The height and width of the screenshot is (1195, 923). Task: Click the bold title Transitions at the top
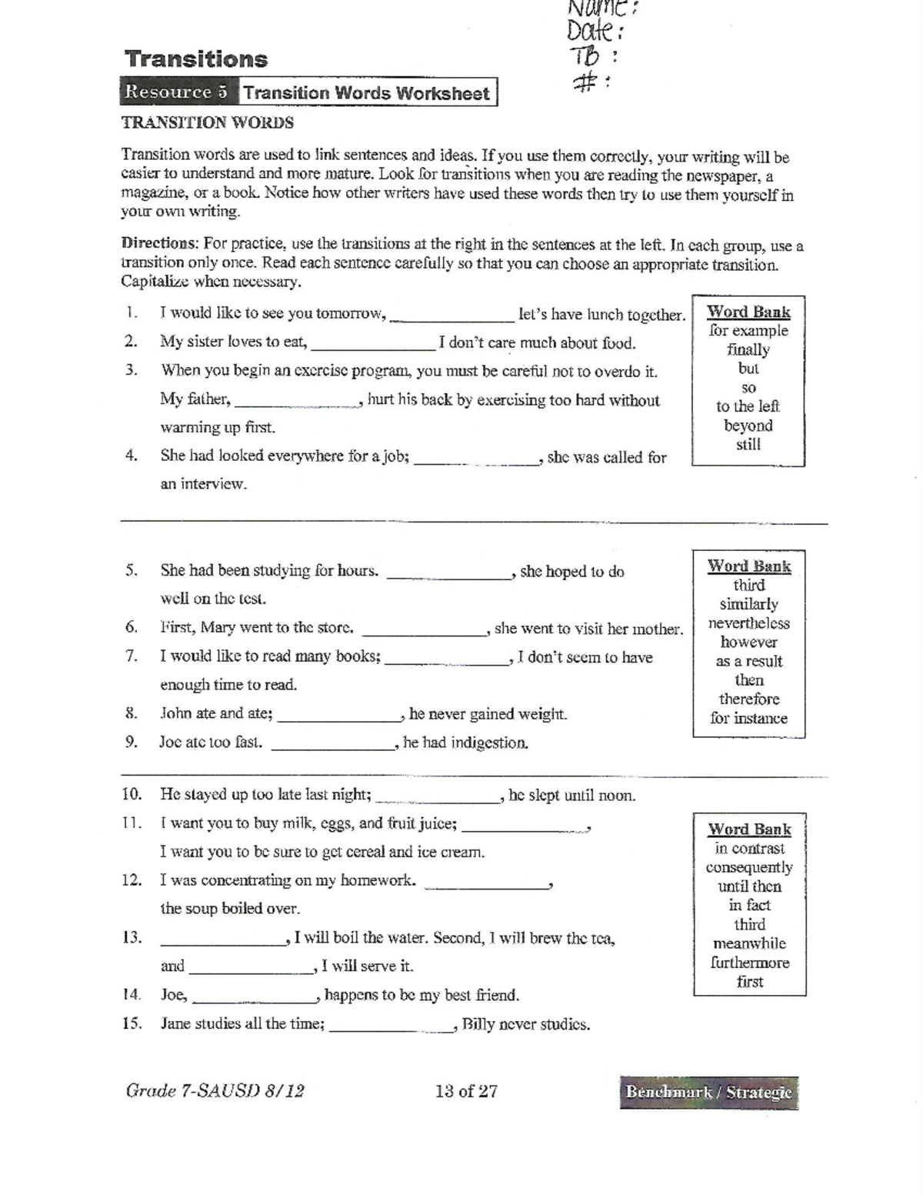(x=196, y=59)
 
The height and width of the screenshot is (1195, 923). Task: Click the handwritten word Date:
(x=595, y=32)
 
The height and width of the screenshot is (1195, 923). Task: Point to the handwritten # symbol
(x=586, y=82)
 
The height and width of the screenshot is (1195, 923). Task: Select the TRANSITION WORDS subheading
(x=207, y=123)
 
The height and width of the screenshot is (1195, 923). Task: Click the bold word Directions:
(x=160, y=243)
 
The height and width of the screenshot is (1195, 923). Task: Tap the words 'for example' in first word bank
(x=748, y=331)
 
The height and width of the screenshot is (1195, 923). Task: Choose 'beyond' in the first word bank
(x=748, y=426)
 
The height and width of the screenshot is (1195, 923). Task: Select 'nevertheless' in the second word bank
(x=748, y=623)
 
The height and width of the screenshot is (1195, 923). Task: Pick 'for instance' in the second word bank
(x=748, y=718)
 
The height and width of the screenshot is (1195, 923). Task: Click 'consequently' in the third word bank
(x=749, y=867)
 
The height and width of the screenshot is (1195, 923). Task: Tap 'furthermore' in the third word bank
(x=749, y=963)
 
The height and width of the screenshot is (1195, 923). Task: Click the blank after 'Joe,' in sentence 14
(x=255, y=999)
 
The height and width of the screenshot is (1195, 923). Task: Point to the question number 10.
(x=132, y=794)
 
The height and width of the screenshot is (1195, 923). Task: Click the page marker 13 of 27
(x=466, y=1091)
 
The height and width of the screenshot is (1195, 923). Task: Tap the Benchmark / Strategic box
(x=708, y=1092)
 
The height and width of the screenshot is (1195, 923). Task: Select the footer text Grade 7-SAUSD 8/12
(x=215, y=1091)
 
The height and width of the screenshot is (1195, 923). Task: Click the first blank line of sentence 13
(x=222, y=942)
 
